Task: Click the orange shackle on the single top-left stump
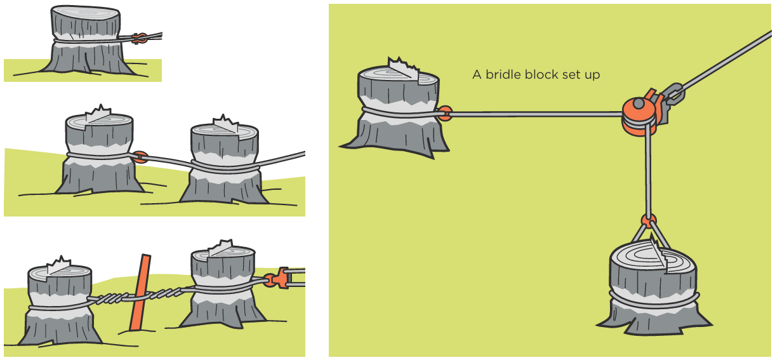tap(142, 38)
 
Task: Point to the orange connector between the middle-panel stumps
tap(141, 157)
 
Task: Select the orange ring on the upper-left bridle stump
tap(445, 114)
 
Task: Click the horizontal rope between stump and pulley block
tap(533, 114)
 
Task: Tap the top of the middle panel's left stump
tap(98, 121)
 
